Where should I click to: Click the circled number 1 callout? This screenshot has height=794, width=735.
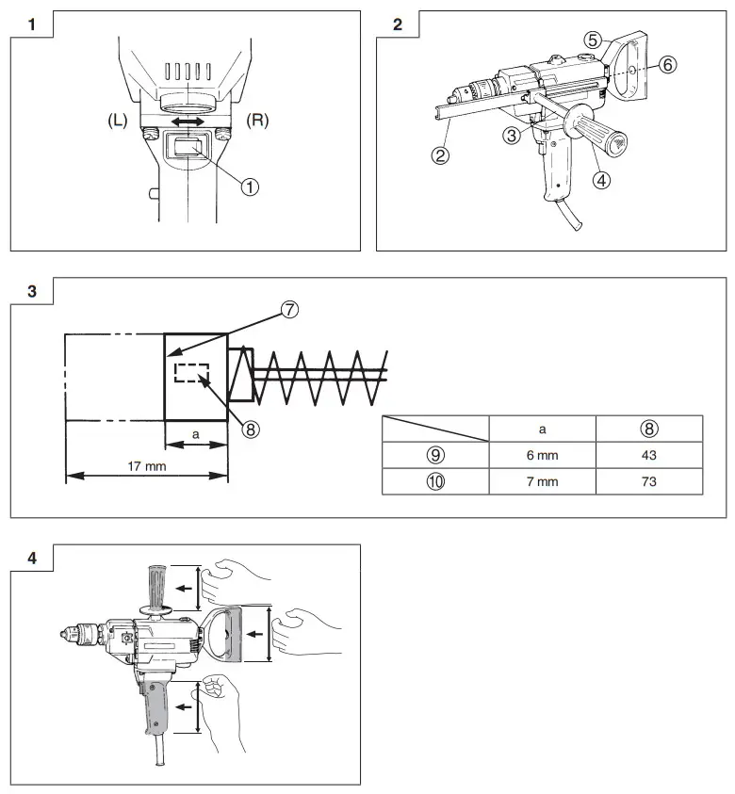point(250,186)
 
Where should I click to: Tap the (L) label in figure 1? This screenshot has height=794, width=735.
point(120,122)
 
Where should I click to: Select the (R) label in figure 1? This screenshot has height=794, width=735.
point(258,122)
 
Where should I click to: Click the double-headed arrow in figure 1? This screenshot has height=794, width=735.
point(188,122)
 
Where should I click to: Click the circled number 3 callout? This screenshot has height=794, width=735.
point(512,136)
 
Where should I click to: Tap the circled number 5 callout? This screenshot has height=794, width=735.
point(592,39)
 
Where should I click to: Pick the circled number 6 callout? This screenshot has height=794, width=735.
point(666,64)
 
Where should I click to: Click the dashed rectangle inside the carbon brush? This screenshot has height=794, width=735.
point(191,373)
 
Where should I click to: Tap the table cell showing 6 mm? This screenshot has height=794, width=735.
point(542,454)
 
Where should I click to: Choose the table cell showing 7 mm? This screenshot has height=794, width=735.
point(542,481)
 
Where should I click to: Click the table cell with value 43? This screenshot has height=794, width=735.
point(648,454)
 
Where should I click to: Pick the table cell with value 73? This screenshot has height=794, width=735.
point(648,481)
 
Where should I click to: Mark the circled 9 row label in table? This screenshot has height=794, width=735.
point(435,454)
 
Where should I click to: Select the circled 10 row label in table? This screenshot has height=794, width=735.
point(435,481)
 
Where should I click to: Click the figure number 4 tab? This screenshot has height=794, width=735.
point(32,558)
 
